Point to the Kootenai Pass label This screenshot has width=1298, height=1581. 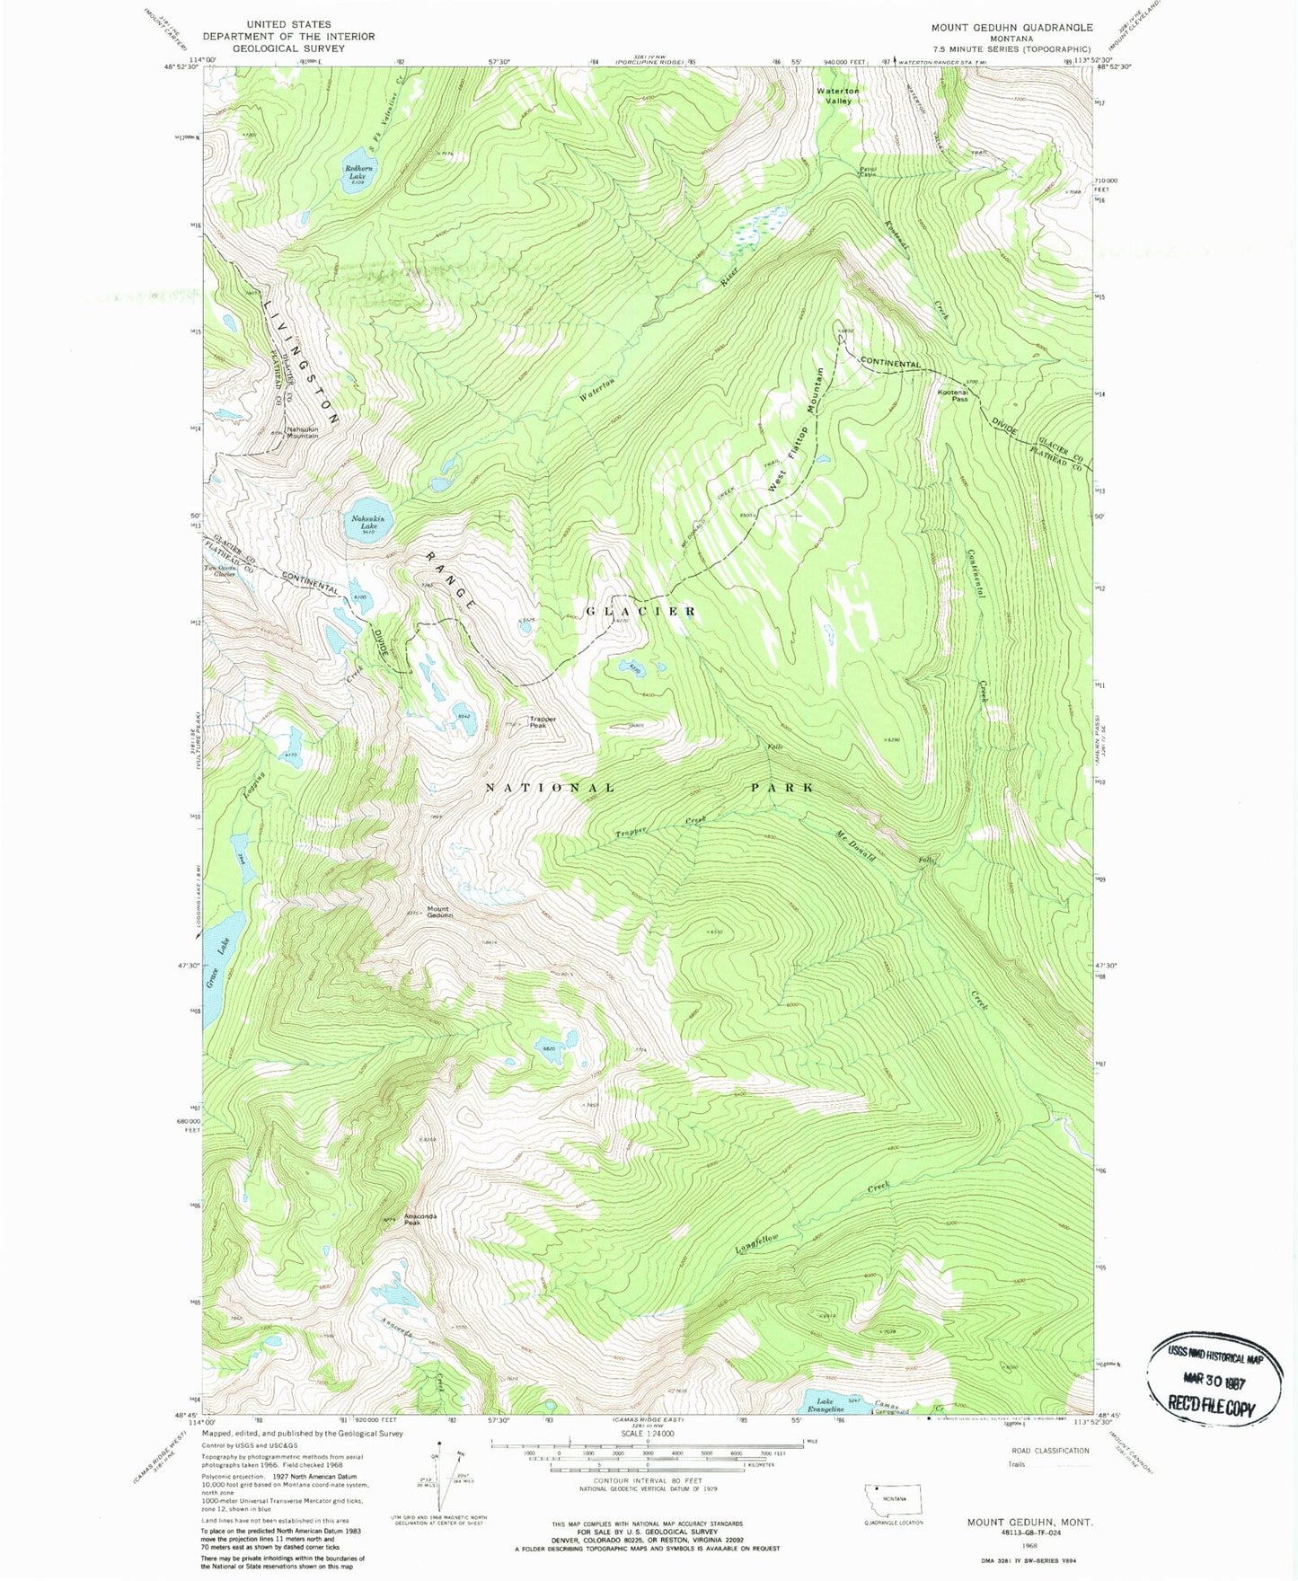[x=953, y=394]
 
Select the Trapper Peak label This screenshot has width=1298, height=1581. [x=543, y=720]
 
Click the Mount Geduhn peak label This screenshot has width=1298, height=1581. [x=439, y=911]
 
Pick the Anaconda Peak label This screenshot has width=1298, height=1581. [x=420, y=1218]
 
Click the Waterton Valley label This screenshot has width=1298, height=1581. [x=837, y=95]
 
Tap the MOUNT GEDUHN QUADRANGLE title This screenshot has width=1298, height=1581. [x=1011, y=28]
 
